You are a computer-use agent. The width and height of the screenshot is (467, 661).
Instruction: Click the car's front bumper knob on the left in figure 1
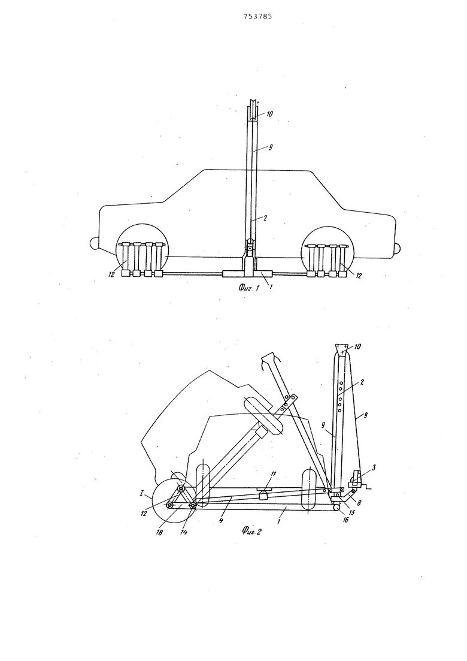coord(93,243)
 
